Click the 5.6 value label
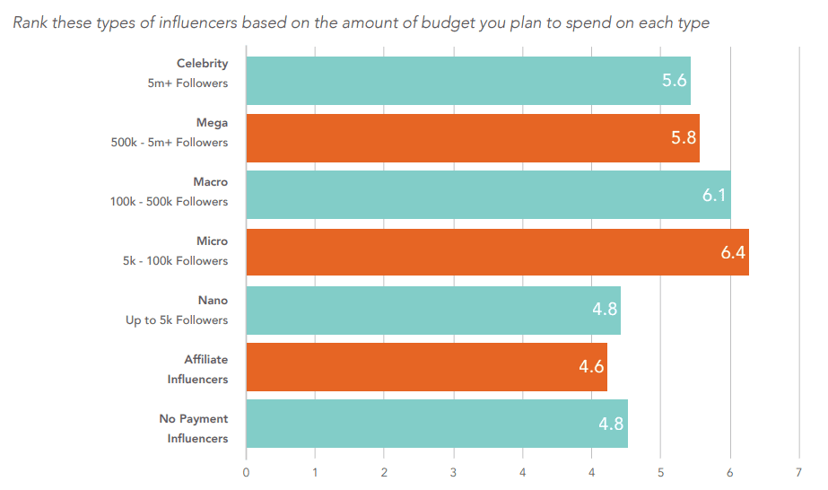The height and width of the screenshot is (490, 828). pyautogui.click(x=674, y=81)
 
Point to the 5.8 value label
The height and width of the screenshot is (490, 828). pyautogui.click(x=684, y=138)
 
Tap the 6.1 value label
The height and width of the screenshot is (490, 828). pyautogui.click(x=714, y=195)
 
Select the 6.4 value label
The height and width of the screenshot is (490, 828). pyautogui.click(x=733, y=252)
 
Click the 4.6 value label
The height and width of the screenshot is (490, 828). pyautogui.click(x=591, y=367)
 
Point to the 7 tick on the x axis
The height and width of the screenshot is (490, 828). pyautogui.click(x=798, y=472)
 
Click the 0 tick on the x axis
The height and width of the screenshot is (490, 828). pyautogui.click(x=246, y=472)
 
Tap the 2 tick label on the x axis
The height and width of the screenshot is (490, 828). pyautogui.click(x=384, y=472)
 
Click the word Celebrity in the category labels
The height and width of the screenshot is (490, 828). pyautogui.click(x=202, y=64)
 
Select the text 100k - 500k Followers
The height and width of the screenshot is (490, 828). pyautogui.click(x=169, y=202)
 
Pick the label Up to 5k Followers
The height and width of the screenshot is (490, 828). pyautogui.click(x=177, y=320)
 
